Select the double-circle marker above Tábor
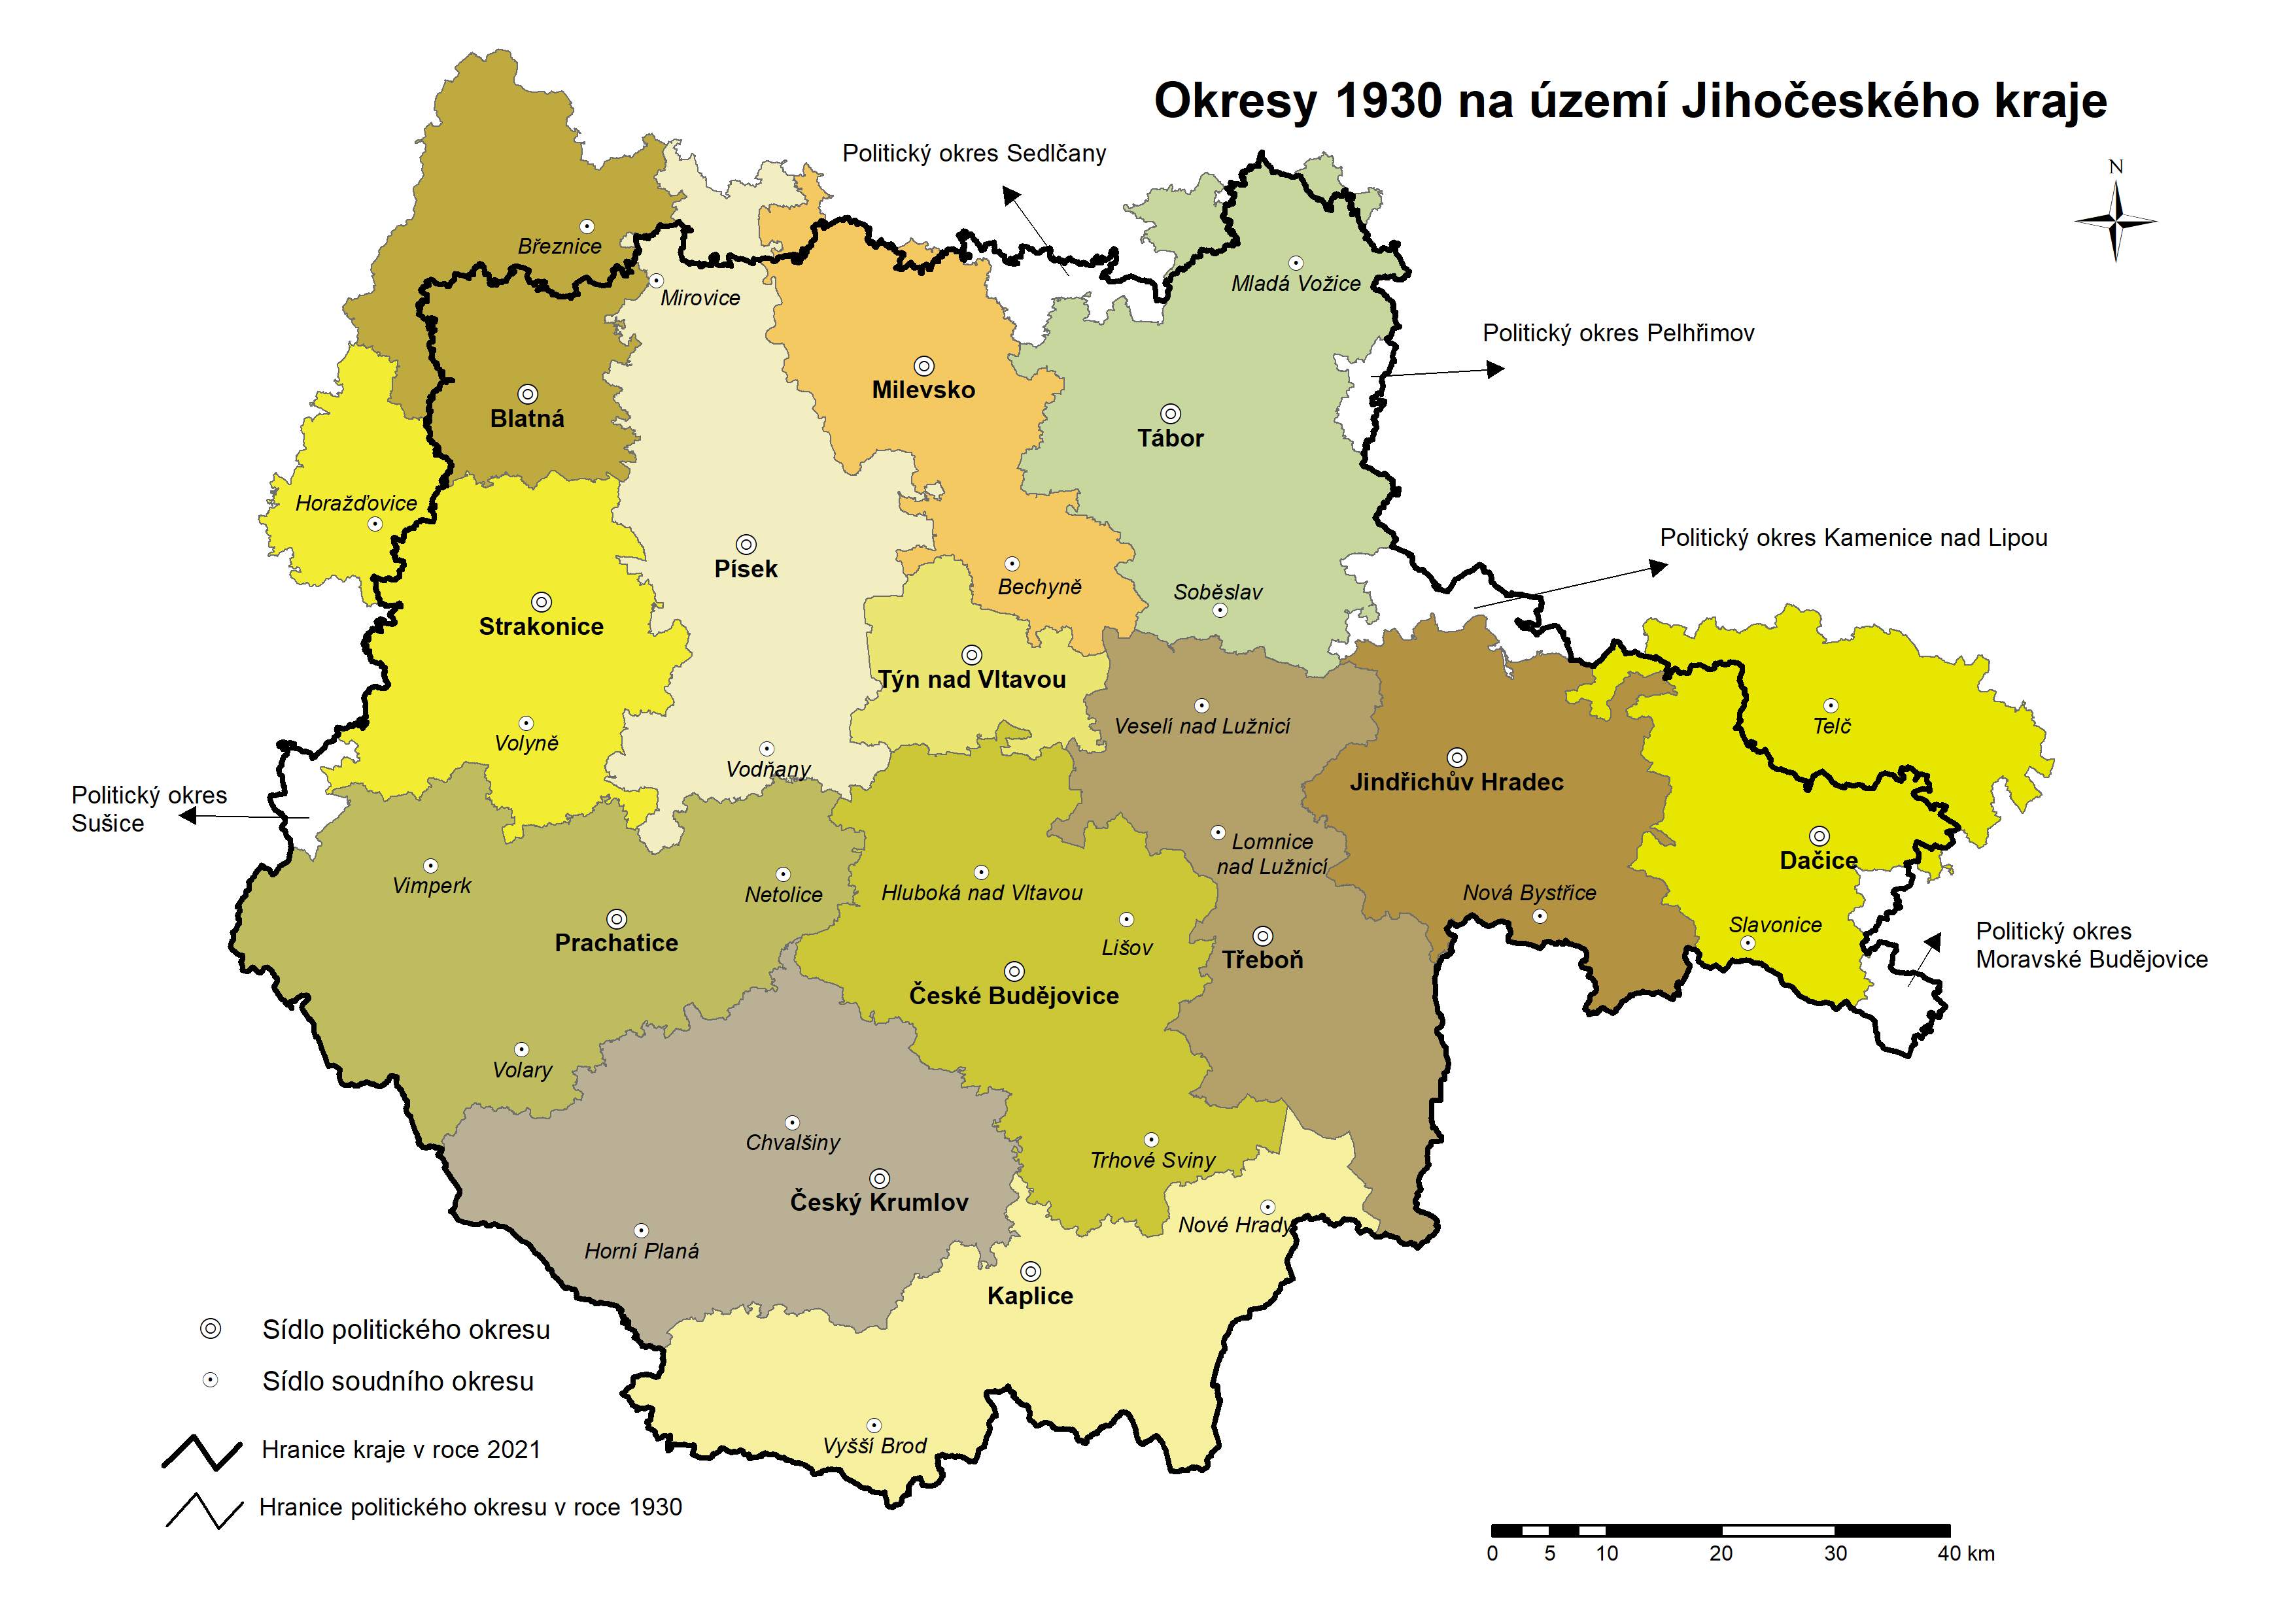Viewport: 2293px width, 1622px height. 1170,413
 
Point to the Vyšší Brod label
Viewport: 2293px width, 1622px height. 874,1445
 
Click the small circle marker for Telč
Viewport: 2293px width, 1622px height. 1831,705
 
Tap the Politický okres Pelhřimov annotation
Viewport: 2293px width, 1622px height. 1617,333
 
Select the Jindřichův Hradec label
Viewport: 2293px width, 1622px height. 1456,782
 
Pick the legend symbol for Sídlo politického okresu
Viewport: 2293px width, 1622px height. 210,1328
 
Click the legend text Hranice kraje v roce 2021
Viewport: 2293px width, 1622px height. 401,1449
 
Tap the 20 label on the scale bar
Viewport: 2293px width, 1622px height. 1721,1553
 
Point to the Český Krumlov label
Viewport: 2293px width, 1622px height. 878,1202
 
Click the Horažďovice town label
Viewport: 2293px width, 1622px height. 356,502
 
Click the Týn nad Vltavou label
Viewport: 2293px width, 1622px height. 971,679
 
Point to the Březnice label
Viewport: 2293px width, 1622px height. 559,246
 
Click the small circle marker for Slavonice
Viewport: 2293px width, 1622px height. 1746,943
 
